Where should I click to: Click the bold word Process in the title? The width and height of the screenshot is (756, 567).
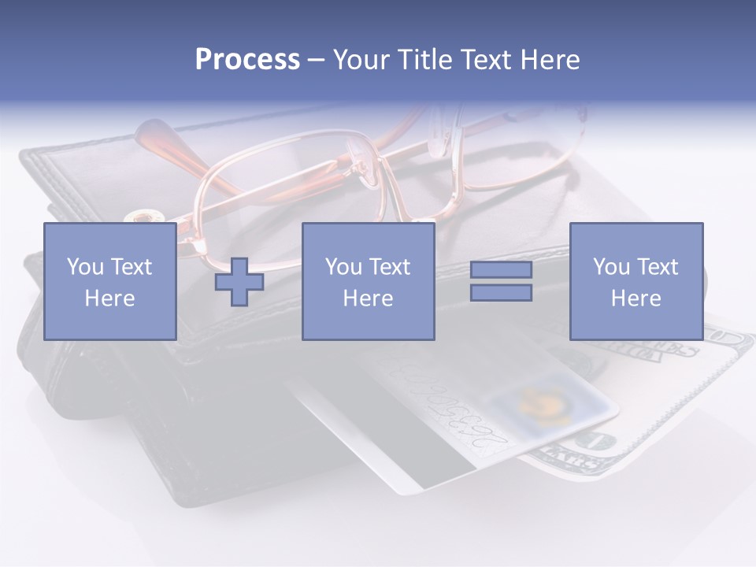tap(247, 60)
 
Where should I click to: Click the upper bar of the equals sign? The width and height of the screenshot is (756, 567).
tap(501, 269)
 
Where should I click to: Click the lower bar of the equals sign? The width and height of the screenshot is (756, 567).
tap(501, 293)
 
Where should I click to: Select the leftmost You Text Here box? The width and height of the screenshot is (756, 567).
tap(109, 281)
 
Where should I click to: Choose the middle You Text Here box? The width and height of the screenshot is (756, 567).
tap(368, 281)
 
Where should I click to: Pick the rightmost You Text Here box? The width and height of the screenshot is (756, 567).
tap(636, 281)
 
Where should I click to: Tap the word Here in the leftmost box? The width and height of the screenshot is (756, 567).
tap(109, 298)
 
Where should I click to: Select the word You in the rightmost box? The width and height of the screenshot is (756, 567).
tap(611, 267)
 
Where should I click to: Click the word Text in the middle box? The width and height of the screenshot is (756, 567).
tap(390, 267)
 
